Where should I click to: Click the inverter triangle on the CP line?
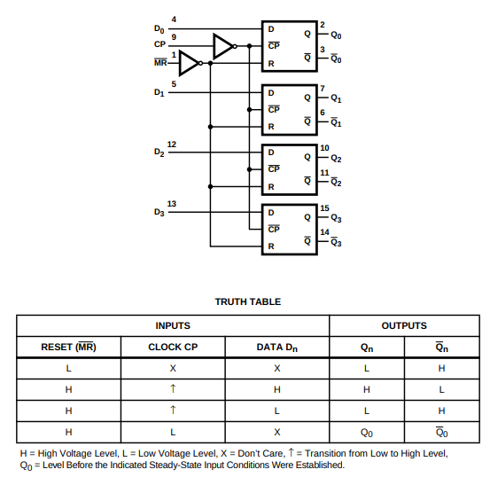[223, 46]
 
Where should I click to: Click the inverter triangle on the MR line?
[190, 63]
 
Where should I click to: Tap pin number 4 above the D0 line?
[174, 20]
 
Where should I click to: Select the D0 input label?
[159, 29]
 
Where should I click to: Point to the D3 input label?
[159, 212]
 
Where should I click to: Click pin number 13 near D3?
[172, 204]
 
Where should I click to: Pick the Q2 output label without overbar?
[336, 159]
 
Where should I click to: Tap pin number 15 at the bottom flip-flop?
[324, 208]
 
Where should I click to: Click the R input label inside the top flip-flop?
[271, 64]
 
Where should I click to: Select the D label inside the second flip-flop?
[271, 93]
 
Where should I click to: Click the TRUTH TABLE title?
[248, 301]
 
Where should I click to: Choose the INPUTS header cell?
[173, 325]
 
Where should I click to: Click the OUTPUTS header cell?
[404, 325]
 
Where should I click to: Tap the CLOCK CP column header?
[173, 347]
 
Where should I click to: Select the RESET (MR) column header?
[69, 347]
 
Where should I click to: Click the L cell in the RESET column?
[69, 368]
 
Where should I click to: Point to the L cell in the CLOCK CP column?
[173, 432]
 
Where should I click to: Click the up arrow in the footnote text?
[291, 452]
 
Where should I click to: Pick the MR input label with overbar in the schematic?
[160, 63]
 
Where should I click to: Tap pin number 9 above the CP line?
[174, 37]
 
